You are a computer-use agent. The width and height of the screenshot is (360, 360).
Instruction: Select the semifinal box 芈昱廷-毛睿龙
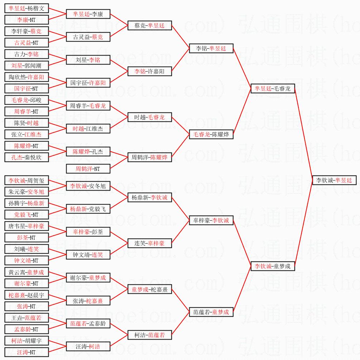pyautogui.click(x=273, y=88)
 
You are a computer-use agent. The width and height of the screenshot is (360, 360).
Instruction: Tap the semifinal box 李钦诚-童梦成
pyautogui.click(x=273, y=266)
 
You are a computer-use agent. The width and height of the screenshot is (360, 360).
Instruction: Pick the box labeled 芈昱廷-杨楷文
pyautogui.click(x=26, y=8)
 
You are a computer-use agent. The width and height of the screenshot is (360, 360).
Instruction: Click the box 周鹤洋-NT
pyautogui.click(x=88, y=169)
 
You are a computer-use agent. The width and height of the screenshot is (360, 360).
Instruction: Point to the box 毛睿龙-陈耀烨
pyautogui.click(x=211, y=134)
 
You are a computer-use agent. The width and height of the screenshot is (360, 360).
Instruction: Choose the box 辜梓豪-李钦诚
pyautogui.click(x=211, y=220)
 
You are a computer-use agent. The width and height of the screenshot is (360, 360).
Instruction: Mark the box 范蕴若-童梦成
pyautogui.click(x=211, y=312)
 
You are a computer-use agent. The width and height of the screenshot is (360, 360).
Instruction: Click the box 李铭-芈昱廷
pyautogui.click(x=211, y=48)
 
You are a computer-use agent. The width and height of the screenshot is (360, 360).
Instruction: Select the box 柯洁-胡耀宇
pyautogui.click(x=26, y=341)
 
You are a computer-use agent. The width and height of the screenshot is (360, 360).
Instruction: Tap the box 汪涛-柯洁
pyautogui.click(x=88, y=346)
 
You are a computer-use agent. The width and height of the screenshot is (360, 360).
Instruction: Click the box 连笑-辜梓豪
pyautogui.click(x=150, y=243)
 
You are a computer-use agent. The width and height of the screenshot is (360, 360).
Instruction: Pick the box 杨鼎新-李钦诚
pyautogui.click(x=150, y=197)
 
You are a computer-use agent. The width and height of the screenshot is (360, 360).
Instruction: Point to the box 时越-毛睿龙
pyautogui.click(x=150, y=117)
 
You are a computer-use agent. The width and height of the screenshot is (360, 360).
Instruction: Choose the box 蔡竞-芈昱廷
pyautogui.click(x=150, y=25)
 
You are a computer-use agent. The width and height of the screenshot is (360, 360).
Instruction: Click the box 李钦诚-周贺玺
pyautogui.click(x=26, y=180)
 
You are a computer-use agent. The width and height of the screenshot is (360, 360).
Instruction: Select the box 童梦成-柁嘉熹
pyautogui.click(x=150, y=289)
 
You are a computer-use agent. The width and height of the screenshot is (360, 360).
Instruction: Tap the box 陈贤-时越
pyautogui.click(x=26, y=123)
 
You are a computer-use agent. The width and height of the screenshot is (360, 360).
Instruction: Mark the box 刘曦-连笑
pyautogui.click(x=26, y=249)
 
